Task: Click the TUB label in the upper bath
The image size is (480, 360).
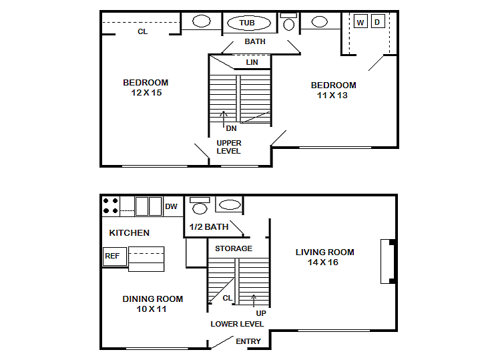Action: coord(247,23)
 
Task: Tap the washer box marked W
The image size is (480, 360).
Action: coord(361,21)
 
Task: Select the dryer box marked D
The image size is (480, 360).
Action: coord(378,21)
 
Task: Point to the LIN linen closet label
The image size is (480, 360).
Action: coord(252,62)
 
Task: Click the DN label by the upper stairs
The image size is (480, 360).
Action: coord(231,128)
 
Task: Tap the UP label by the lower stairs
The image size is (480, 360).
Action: coord(261,313)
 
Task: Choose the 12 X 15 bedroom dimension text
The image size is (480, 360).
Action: coord(146,93)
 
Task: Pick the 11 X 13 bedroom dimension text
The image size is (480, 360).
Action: coord(332,96)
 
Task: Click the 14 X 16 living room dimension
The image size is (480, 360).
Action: coord(323,262)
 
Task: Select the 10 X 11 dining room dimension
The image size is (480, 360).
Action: coord(152,309)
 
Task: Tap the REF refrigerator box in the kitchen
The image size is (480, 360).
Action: coord(115,256)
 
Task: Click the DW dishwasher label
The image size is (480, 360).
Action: coord(171,206)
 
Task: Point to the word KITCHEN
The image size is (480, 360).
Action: coord(130,233)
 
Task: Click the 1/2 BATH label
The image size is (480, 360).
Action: coord(209,226)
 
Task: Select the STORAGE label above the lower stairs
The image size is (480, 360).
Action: coord(234,248)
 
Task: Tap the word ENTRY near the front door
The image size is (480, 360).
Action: coord(248,341)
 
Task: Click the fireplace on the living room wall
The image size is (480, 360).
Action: coord(388,261)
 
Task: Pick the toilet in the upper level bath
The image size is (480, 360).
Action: coord(288,21)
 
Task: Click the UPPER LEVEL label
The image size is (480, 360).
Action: coord(229,147)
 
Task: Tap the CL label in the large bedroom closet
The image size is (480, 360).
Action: coord(143,31)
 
